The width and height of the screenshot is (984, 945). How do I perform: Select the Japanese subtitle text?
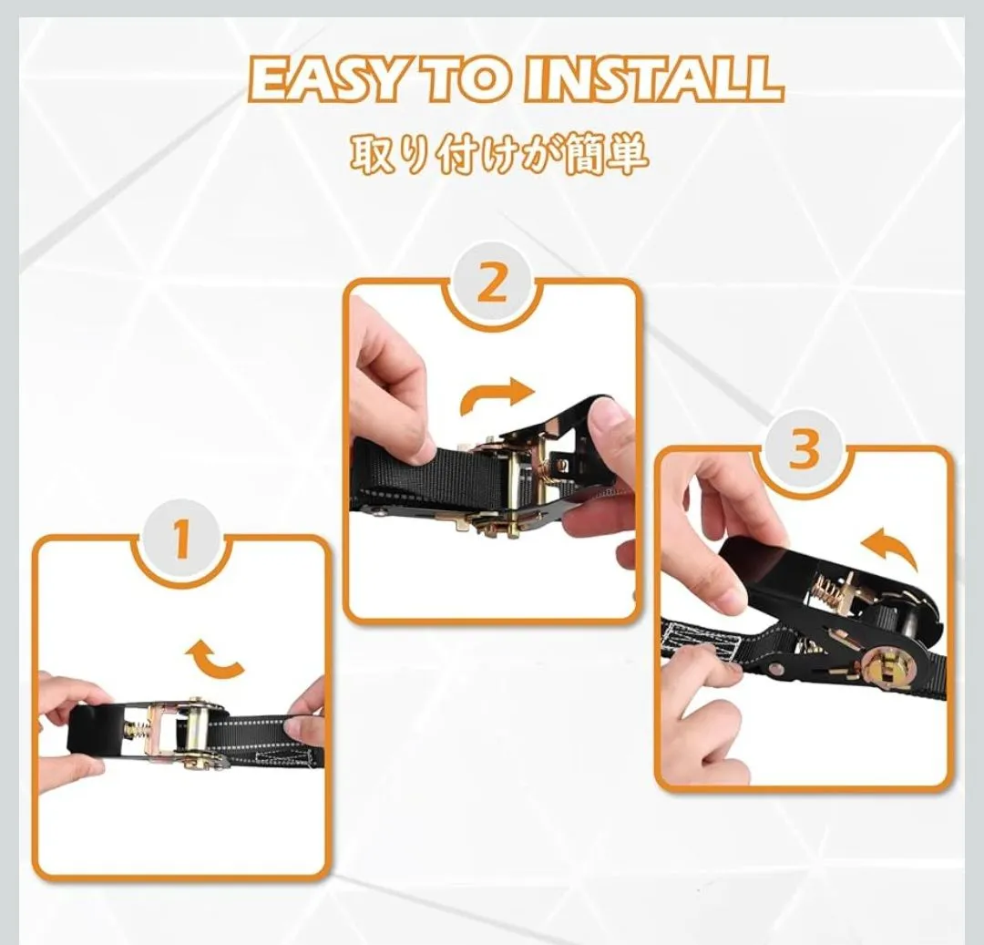tap(499, 155)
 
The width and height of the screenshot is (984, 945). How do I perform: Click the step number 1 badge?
tap(181, 539)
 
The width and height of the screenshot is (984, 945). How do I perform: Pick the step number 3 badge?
tap(804, 449)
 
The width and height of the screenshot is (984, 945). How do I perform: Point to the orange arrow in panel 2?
tap(496, 395)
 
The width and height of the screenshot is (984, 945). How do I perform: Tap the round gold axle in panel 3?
tap(882, 669)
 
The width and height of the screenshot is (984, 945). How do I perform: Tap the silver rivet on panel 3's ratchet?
tap(777, 670)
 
